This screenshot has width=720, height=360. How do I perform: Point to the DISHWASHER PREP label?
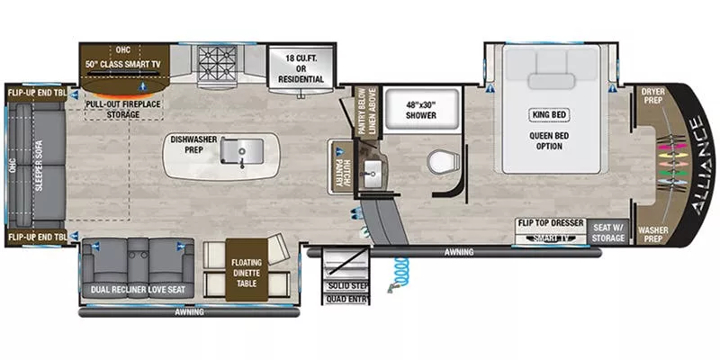[193, 146]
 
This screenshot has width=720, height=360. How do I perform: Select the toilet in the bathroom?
[442, 162]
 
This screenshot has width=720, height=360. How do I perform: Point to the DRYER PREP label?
[652, 97]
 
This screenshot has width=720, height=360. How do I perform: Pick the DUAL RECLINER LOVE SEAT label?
[137, 290]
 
